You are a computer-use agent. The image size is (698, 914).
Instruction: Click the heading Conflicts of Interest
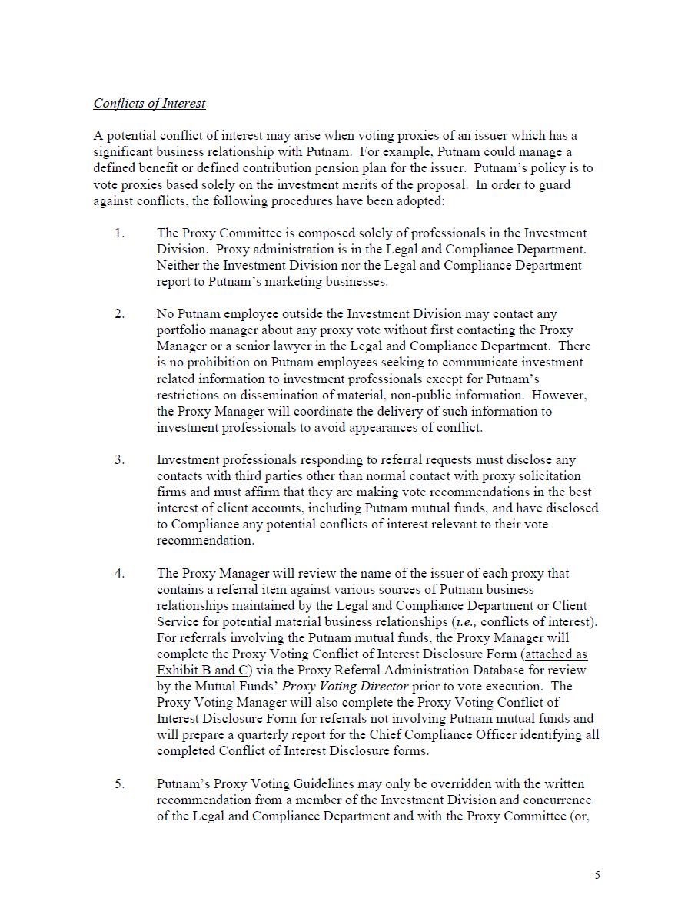(x=149, y=103)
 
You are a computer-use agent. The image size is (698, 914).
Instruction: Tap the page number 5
(x=597, y=875)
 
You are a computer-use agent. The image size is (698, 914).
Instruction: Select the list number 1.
(x=119, y=233)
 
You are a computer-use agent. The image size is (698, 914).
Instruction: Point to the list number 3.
(x=119, y=460)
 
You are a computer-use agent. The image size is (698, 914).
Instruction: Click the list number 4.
(x=119, y=574)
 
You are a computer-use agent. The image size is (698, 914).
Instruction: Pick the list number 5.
(x=119, y=784)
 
